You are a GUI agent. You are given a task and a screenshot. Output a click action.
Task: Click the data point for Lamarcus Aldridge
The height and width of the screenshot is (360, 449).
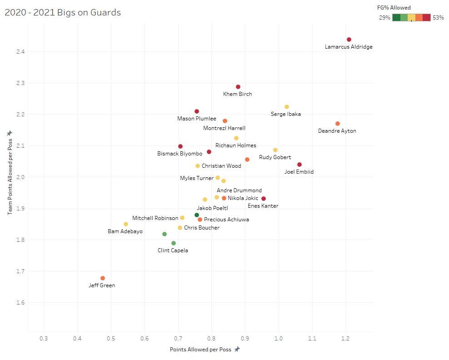349,40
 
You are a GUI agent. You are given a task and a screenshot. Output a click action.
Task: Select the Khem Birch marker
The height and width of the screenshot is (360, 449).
238,87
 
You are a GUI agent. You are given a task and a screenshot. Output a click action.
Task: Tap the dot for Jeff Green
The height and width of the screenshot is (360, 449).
103,278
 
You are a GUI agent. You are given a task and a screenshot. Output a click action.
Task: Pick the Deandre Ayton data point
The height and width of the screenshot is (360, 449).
338,124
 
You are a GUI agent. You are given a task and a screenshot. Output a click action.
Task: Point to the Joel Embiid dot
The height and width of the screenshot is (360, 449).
299,165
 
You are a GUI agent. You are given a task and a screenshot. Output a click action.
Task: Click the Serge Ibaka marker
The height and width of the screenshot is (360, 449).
287,107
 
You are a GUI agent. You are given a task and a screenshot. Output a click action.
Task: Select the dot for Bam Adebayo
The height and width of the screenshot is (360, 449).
126,224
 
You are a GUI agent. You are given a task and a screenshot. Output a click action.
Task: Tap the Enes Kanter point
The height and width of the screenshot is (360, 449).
264,199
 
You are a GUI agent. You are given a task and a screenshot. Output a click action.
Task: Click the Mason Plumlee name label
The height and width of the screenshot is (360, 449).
197,119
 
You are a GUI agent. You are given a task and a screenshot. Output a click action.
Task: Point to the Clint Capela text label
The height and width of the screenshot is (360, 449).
173,250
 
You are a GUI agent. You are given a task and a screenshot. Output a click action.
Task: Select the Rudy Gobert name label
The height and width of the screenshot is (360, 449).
275,157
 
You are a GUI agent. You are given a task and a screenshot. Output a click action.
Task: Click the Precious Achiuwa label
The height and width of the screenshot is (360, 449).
226,220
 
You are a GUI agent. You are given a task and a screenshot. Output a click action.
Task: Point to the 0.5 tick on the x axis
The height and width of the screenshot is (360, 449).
111,339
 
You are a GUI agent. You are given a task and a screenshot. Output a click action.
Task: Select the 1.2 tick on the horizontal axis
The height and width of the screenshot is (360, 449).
346,339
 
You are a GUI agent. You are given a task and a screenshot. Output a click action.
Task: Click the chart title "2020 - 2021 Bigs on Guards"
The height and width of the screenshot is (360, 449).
63,12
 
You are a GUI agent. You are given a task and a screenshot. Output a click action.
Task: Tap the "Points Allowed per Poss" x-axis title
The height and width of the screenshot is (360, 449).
200,350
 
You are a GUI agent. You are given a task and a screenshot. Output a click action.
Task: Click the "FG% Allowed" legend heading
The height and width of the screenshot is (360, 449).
394,8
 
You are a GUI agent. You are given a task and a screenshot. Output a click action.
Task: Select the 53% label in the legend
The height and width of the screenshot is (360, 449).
438,18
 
